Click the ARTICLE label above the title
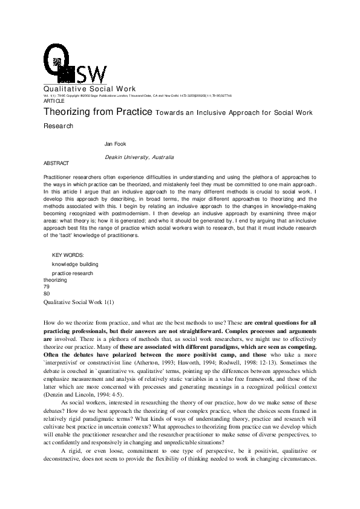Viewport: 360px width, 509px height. (x=54, y=101)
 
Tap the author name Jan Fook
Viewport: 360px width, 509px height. (x=116, y=143)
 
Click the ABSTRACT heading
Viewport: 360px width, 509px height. (x=56, y=163)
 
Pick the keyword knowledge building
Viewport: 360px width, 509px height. (x=75, y=264)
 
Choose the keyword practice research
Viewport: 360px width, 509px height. (x=73, y=273)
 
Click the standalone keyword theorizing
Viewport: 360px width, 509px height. (x=55, y=280)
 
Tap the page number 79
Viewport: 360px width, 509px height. (x=47, y=287)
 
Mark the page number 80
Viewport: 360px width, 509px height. (x=47, y=294)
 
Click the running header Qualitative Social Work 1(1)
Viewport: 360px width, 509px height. (x=78, y=301)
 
